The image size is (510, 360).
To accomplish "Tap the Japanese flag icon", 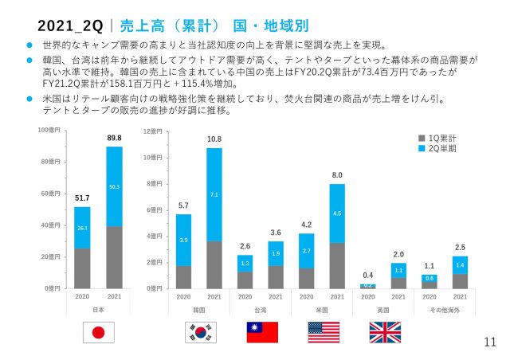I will pyautogui.click(x=99, y=331).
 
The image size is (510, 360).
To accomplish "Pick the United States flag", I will pyautogui.click(x=324, y=331).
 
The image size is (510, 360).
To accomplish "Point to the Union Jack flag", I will pyautogui.click(x=385, y=331).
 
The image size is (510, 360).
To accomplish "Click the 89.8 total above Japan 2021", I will pyautogui.click(x=115, y=139).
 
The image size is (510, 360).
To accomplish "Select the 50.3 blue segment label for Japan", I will pyautogui.click(x=115, y=186).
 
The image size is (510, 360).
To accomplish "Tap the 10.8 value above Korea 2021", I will pyautogui.click(x=214, y=139).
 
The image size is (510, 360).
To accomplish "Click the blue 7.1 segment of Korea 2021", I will pyautogui.click(x=214, y=194).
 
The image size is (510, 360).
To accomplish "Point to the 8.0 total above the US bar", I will pyautogui.click(x=337, y=174).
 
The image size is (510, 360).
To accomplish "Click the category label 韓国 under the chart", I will pyautogui.click(x=198, y=307).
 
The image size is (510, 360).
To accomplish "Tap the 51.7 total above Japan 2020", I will pyautogui.click(x=83, y=198).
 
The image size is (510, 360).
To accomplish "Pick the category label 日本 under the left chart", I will pyautogui.click(x=99, y=307).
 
